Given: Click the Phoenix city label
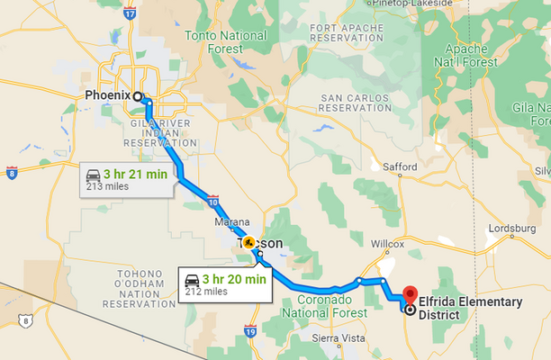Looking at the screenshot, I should pos(106,95).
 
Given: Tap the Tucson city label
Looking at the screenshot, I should pos(262,243).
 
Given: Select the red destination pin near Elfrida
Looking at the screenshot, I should pos(411,294).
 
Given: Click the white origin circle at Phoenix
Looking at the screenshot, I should pos(138,96).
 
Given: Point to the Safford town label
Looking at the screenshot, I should pos(400,166).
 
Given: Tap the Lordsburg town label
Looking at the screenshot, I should pos(510,229).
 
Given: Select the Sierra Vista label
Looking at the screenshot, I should pos(335,338).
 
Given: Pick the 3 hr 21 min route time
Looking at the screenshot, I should pos(135,174).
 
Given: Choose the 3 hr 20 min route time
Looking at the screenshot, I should pos(234,278).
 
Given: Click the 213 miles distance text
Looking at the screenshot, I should pos(107,186).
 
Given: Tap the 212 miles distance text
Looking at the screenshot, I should pos(206,292).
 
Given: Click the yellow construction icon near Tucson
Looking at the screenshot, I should pos(248,242).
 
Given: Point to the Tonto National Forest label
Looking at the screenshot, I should pos(225,41).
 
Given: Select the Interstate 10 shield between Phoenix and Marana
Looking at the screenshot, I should pos(212,200).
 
